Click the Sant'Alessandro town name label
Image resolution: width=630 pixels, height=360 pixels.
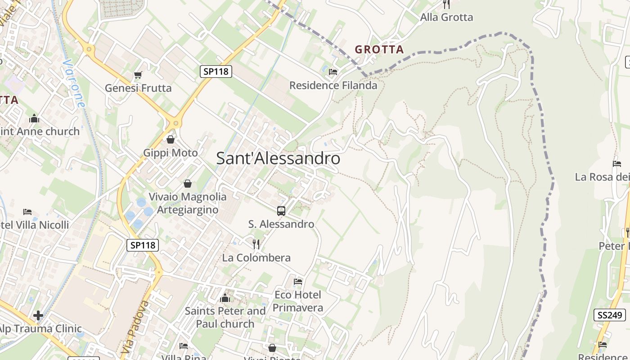point(278,158)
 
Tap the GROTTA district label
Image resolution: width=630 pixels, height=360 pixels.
point(379,49)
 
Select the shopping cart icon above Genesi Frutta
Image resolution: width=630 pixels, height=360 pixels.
point(138,75)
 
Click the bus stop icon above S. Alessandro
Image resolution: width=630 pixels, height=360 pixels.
point(281,211)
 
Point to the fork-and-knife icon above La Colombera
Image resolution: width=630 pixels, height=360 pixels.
point(256,244)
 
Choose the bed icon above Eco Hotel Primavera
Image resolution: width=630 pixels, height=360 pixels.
point(298,282)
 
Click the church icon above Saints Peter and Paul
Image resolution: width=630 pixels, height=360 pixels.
point(225,298)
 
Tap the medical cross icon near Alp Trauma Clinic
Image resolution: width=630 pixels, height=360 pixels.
point(38,315)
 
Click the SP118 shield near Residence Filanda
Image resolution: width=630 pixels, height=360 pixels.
point(216,71)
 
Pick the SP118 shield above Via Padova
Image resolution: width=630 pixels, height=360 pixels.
point(143,245)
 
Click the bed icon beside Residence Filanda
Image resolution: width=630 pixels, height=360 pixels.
point(333,72)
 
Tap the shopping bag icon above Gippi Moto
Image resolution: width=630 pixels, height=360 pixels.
point(171,140)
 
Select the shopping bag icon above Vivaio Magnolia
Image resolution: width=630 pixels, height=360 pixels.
point(188,184)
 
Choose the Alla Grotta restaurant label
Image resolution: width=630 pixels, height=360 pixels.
point(446,18)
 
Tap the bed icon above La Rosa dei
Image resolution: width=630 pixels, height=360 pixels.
point(617,164)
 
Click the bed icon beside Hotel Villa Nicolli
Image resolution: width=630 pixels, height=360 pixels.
point(27,211)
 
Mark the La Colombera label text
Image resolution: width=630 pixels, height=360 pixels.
point(256,258)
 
